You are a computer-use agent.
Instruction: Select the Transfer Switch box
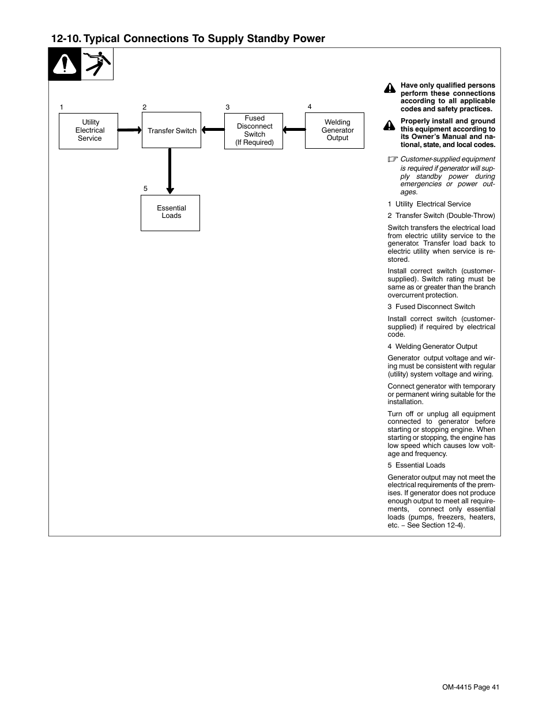(171, 130)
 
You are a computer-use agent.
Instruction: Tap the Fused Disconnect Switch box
(254, 131)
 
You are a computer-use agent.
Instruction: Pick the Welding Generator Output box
(334, 131)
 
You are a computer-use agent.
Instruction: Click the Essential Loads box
(170, 213)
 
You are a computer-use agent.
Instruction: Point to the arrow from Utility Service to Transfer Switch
(130, 130)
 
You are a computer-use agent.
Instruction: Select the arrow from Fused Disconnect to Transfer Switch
(213, 130)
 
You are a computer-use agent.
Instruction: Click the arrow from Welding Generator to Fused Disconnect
(294, 130)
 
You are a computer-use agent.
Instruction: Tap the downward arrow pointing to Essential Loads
(169, 171)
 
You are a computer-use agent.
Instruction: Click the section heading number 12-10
(65, 39)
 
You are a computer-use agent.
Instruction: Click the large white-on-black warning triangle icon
(65, 65)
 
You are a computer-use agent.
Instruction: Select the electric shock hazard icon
(97, 64)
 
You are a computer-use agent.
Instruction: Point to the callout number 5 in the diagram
(145, 189)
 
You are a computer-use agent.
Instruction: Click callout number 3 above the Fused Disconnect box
(227, 107)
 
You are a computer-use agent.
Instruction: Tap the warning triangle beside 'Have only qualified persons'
(390, 89)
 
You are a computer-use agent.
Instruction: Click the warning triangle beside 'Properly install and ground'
(390, 125)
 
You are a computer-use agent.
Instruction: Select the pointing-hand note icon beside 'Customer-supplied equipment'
(393, 159)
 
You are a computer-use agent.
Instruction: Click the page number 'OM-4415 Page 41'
(470, 687)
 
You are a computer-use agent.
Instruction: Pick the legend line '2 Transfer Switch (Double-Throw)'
(441, 216)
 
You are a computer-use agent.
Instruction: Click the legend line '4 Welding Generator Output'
(432, 346)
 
